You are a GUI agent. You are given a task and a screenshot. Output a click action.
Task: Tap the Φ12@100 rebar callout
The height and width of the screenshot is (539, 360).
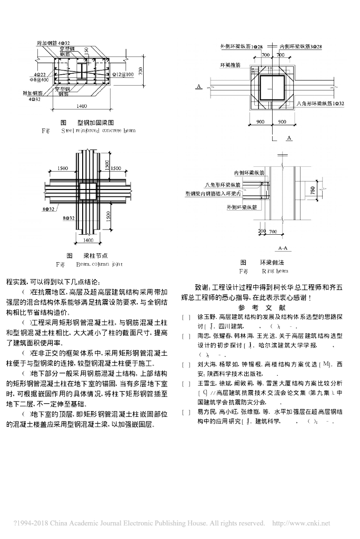122,74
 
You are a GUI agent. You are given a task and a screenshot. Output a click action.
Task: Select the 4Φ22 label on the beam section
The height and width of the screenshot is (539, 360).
40,75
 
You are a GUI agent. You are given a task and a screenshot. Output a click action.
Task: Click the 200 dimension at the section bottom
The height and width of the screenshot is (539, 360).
262,232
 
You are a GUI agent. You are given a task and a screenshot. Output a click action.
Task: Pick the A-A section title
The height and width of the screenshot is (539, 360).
283,247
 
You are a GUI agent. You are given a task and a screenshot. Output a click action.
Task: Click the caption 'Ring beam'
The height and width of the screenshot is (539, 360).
275,271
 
